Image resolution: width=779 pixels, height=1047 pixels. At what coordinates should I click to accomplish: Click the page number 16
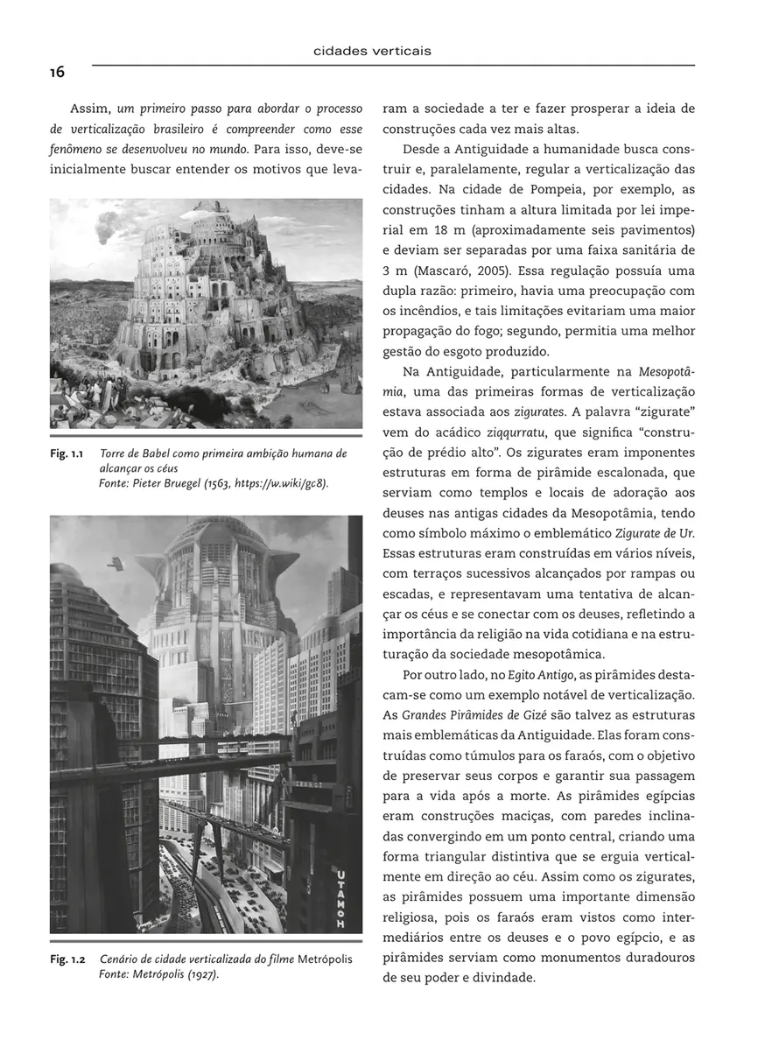56,73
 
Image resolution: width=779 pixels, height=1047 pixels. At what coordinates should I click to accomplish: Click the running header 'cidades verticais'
372,51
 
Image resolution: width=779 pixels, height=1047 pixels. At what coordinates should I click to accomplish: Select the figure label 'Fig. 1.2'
67,959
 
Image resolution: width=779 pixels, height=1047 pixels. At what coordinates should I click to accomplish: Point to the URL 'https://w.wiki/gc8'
278,484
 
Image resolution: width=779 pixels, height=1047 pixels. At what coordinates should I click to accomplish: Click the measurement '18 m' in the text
436,230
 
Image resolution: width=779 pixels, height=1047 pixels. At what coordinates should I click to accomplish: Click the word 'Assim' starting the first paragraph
88,109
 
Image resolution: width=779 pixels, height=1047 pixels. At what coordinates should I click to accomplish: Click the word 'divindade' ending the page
495,977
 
